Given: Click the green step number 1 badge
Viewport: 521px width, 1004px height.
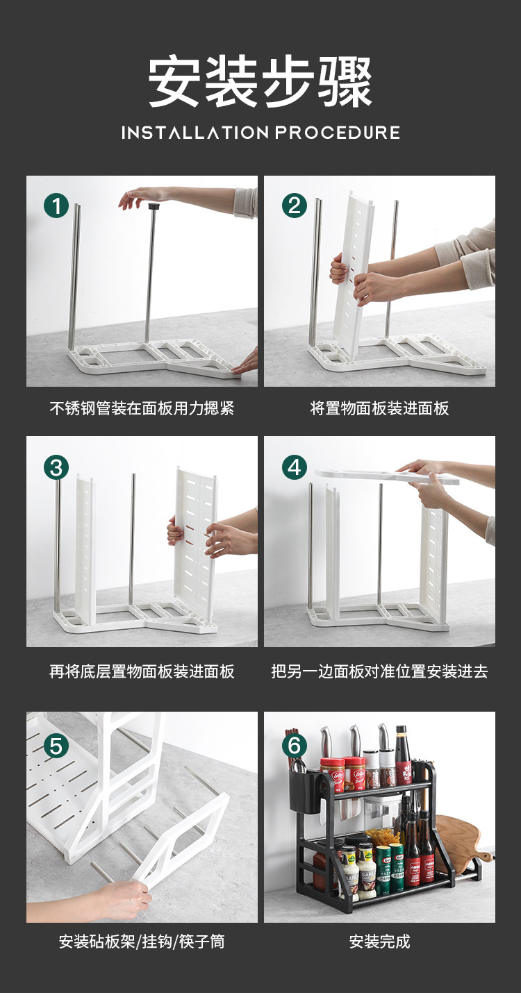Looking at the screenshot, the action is point(56,206).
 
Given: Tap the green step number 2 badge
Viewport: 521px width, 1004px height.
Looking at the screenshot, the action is point(294,206).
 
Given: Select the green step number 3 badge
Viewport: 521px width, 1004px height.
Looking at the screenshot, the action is point(56,467).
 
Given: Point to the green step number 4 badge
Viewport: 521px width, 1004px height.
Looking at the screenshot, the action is point(294,467).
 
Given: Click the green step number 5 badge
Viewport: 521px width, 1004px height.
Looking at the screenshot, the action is point(56,746).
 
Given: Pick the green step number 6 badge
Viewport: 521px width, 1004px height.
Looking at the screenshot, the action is point(294,746).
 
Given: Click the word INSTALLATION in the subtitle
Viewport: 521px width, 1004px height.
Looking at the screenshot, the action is point(195,133).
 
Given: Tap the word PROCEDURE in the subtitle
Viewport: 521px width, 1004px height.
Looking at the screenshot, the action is point(337,133).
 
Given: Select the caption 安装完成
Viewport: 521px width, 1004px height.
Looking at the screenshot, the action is point(380,942).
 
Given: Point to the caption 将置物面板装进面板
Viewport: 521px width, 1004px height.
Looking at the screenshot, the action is point(379,408).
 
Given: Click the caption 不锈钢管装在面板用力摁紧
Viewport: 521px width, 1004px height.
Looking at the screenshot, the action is point(142,408).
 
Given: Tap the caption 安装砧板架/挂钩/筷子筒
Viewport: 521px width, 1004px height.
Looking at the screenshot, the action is point(142,942).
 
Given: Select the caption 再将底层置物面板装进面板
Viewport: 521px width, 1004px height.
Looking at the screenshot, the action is point(142,671).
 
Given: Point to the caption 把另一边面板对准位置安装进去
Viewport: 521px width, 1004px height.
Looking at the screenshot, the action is point(379,671).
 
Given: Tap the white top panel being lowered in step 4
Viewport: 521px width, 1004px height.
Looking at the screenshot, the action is point(386,476).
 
